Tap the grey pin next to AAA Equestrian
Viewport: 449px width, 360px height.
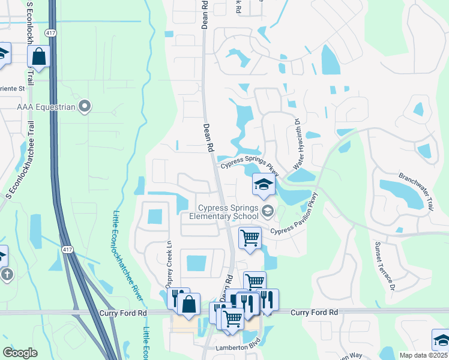tap(85, 107)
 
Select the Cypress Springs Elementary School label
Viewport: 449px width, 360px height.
tap(224, 212)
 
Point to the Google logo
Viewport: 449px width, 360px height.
tap(20, 353)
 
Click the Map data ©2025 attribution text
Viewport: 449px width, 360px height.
tap(423, 355)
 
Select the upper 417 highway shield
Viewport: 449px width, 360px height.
tap(53, 34)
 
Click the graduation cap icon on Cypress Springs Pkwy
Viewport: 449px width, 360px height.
tap(262, 184)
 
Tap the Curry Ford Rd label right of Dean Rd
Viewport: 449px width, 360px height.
tap(314, 313)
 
